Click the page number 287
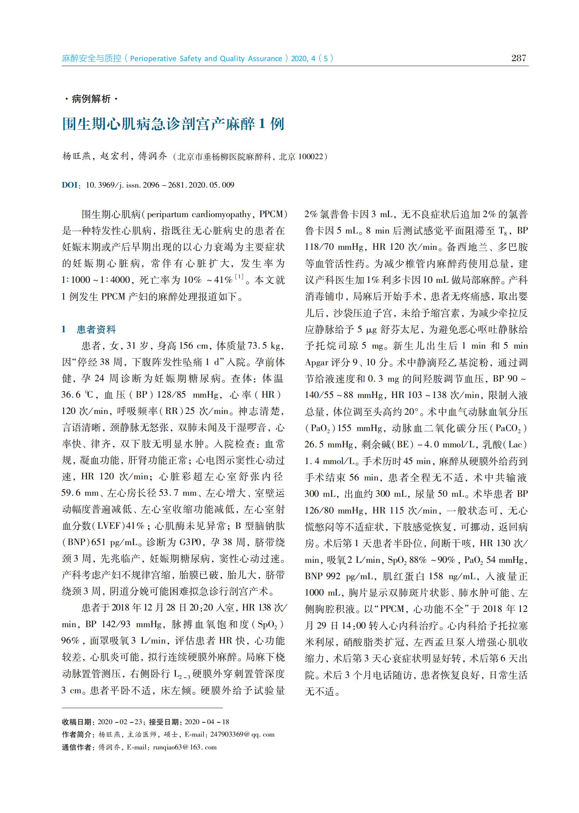pos(518,58)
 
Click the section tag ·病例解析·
pos(91,99)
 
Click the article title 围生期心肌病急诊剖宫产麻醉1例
pos(173,124)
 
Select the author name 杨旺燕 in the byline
pos(76,156)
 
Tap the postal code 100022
pos(310,157)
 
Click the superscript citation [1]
pos(239,276)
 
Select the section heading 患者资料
pos(96,329)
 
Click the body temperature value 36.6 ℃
pos(77,394)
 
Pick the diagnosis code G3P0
pos(192,542)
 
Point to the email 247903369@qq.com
pos(242,734)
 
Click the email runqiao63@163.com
pos(185,747)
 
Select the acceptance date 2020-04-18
pos(207,722)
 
